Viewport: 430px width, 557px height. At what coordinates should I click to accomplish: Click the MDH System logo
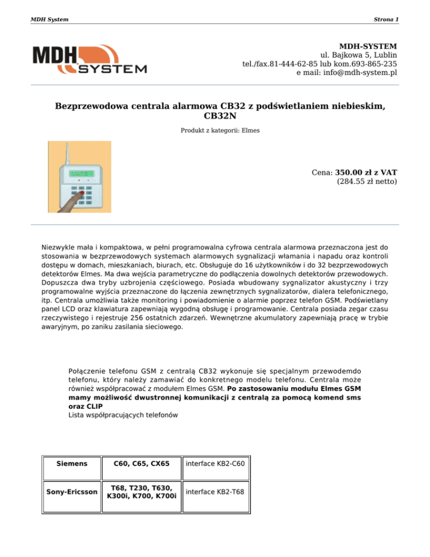90,61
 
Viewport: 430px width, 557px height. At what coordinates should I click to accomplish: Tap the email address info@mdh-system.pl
355,73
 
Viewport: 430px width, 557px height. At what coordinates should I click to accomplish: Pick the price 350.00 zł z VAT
366,172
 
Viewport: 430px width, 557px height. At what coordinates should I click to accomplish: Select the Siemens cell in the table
72,464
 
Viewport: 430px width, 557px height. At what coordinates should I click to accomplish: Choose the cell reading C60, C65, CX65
141,464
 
